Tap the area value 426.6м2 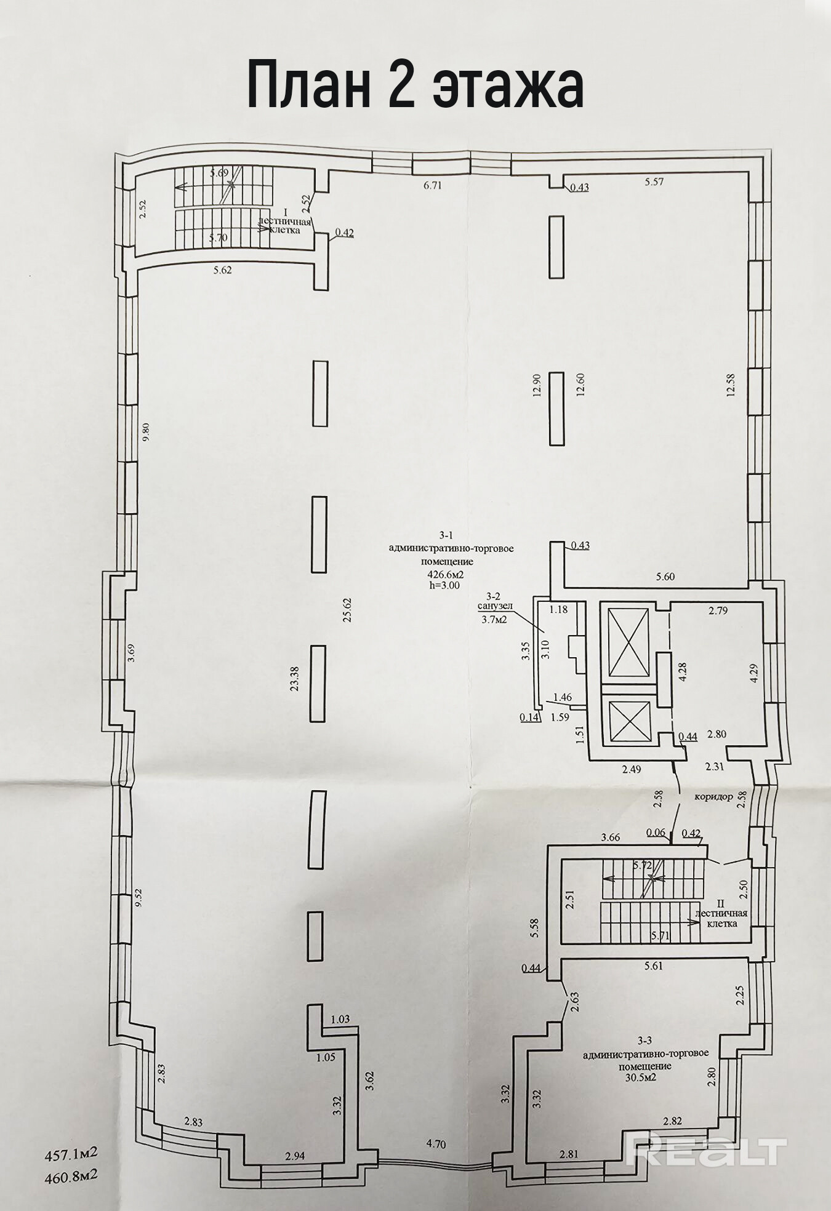(441, 574)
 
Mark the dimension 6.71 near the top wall (433, 184)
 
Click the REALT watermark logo (706, 1152)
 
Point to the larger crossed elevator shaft (628, 642)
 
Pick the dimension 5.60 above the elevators (665, 576)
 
